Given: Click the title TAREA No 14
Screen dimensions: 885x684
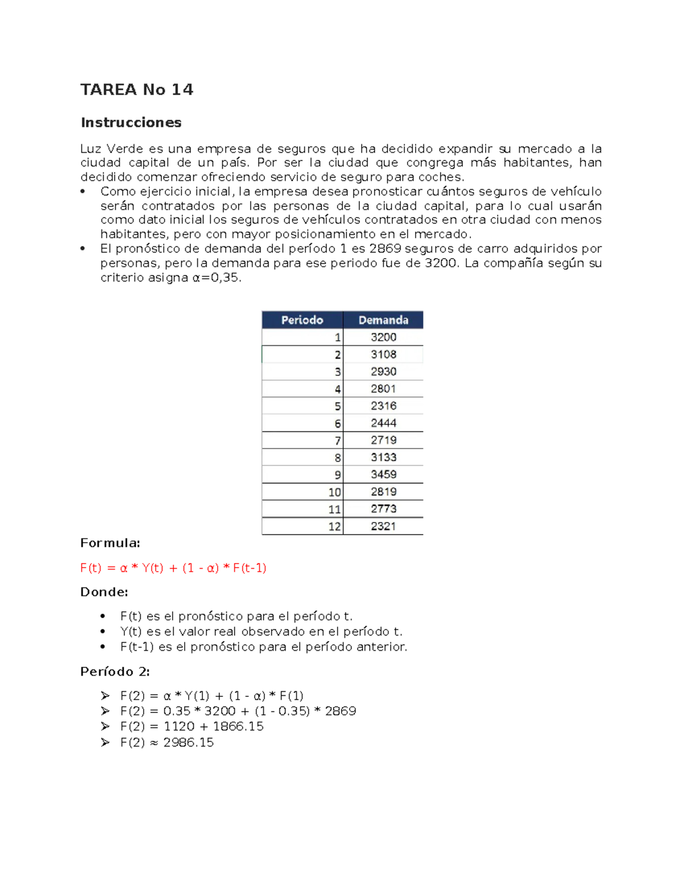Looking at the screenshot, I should [x=137, y=89].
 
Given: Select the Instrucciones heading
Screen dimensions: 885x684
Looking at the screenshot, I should [x=131, y=123].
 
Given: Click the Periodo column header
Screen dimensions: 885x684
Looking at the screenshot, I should [x=302, y=320].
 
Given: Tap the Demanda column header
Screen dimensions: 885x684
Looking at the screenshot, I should [x=383, y=320].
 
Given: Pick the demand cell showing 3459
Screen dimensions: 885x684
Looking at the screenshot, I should [x=384, y=474].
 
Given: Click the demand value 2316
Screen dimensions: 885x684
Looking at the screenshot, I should [x=384, y=406].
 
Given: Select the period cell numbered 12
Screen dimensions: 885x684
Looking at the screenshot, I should [x=335, y=526].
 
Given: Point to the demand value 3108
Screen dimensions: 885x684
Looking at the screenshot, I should [x=384, y=354].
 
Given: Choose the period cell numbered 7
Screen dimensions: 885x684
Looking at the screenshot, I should [x=337, y=440].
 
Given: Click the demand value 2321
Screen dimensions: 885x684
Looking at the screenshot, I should [x=384, y=526].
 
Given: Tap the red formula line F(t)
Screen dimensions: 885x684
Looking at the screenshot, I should [x=173, y=568].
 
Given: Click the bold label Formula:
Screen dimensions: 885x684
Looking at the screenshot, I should [x=110, y=543].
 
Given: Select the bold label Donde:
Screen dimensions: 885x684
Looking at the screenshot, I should [x=104, y=592].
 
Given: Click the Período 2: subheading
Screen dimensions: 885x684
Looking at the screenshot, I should [x=115, y=672].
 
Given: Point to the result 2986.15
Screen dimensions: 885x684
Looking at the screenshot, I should [x=188, y=742].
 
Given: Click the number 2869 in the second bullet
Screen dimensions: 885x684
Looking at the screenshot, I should [x=385, y=248].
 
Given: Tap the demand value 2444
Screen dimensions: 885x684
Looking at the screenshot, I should [x=384, y=423].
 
